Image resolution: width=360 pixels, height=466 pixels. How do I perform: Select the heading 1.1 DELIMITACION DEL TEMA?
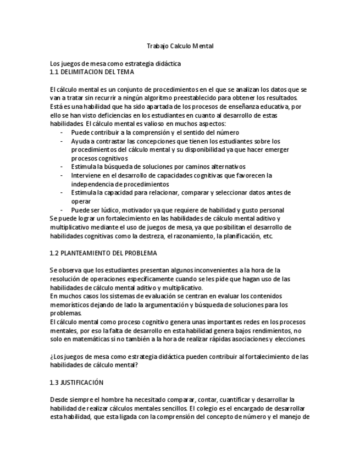(x=91, y=72)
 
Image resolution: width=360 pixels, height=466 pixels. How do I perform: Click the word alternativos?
(x=223, y=166)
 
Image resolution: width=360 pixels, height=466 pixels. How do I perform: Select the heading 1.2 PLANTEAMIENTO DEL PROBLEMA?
(x=103, y=253)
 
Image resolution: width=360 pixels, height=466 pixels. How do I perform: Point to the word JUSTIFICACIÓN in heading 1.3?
(x=82, y=382)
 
